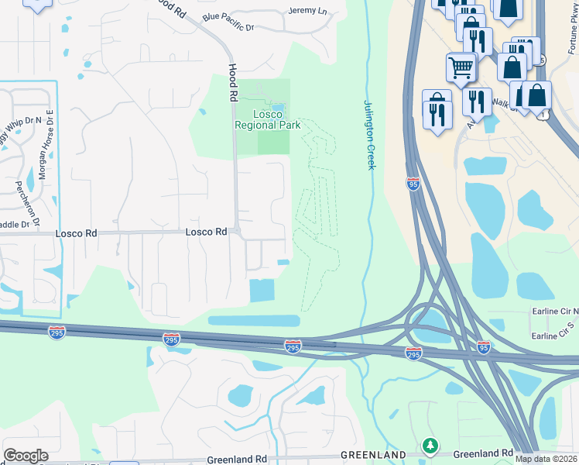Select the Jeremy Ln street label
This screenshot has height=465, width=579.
tap(307, 11)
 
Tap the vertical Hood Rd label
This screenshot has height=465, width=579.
tap(231, 84)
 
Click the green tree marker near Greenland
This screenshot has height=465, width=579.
tap(430, 446)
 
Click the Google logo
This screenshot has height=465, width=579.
tap(26, 456)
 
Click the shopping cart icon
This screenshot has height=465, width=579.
tap(461, 67)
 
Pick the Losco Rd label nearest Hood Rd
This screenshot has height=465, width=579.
tap(206, 232)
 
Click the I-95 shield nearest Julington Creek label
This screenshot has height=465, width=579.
tap(413, 183)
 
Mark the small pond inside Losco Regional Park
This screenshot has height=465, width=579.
tap(277, 108)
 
